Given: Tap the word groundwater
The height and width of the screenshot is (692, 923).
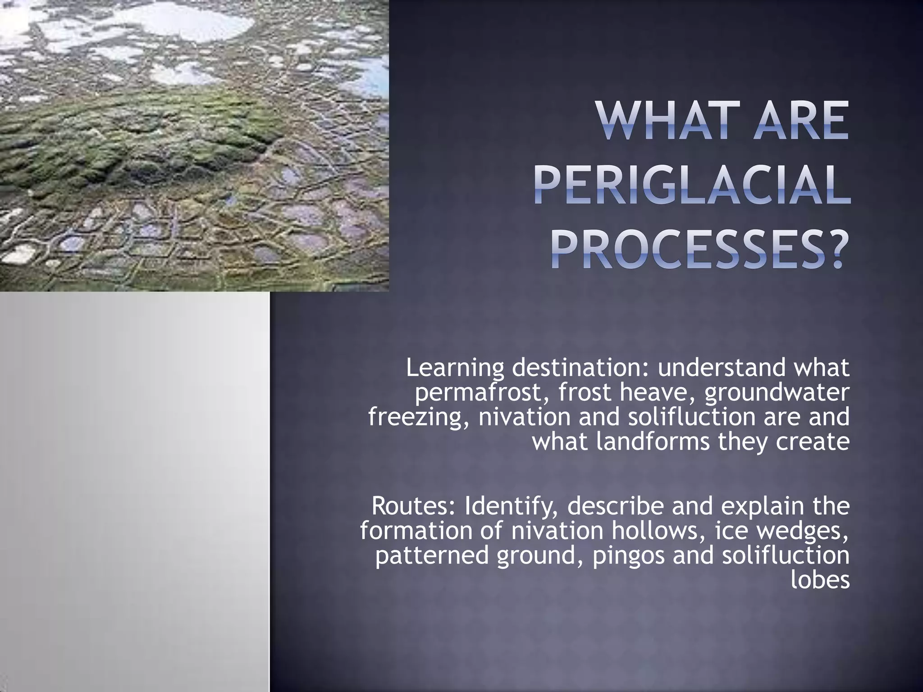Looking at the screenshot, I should click(777, 393).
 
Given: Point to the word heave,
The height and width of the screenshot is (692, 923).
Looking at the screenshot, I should click(658, 393).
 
